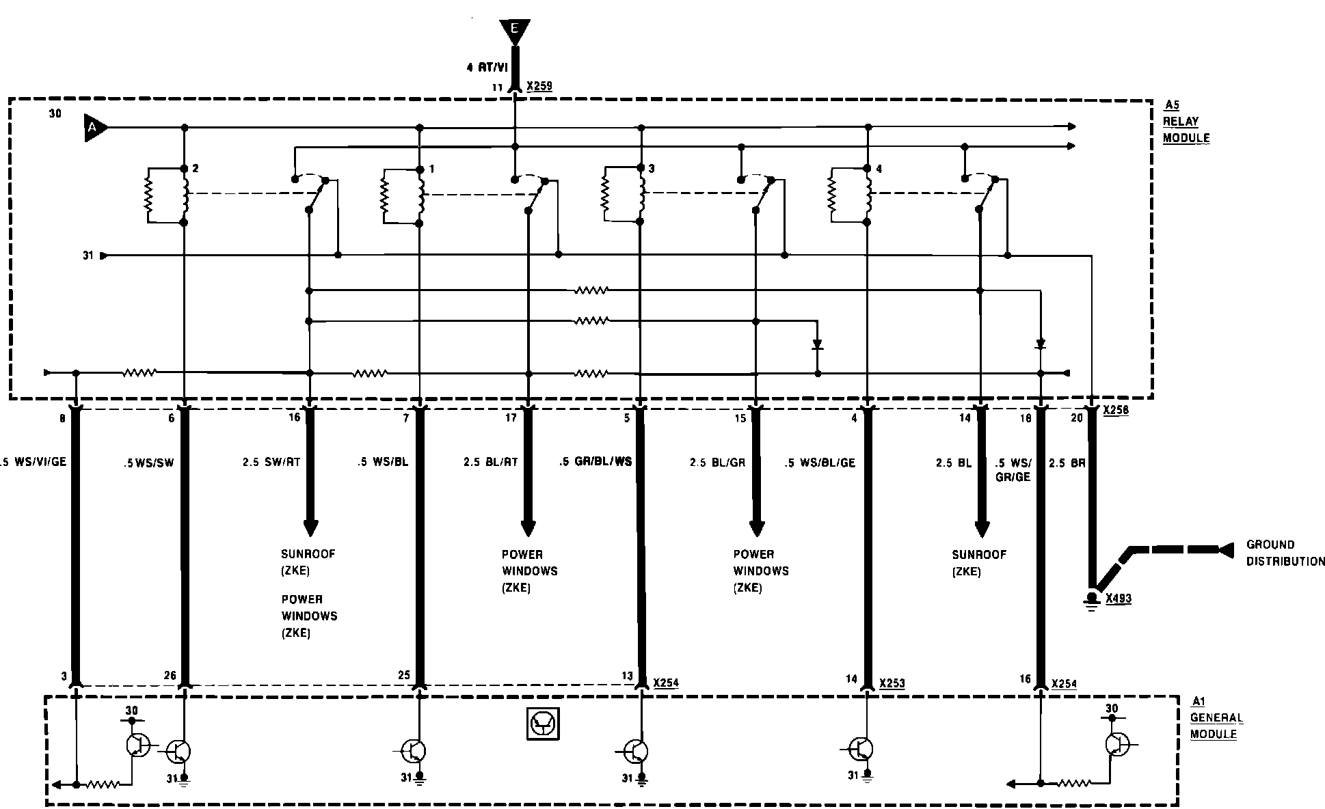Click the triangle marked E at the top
click(515, 29)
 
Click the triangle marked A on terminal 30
click(94, 128)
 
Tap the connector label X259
click(539, 87)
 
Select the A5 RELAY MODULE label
click(1187, 122)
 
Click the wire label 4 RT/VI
click(487, 68)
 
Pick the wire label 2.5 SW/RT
click(271, 463)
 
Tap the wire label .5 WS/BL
click(382, 463)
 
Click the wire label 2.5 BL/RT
click(490, 463)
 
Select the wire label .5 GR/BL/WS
click(595, 462)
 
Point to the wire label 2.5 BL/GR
click(717, 463)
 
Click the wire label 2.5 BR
click(1067, 463)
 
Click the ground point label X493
click(1119, 599)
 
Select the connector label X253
click(892, 683)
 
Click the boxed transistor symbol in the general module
click(543, 724)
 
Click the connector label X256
click(1116, 411)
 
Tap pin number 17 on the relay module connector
click(511, 418)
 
